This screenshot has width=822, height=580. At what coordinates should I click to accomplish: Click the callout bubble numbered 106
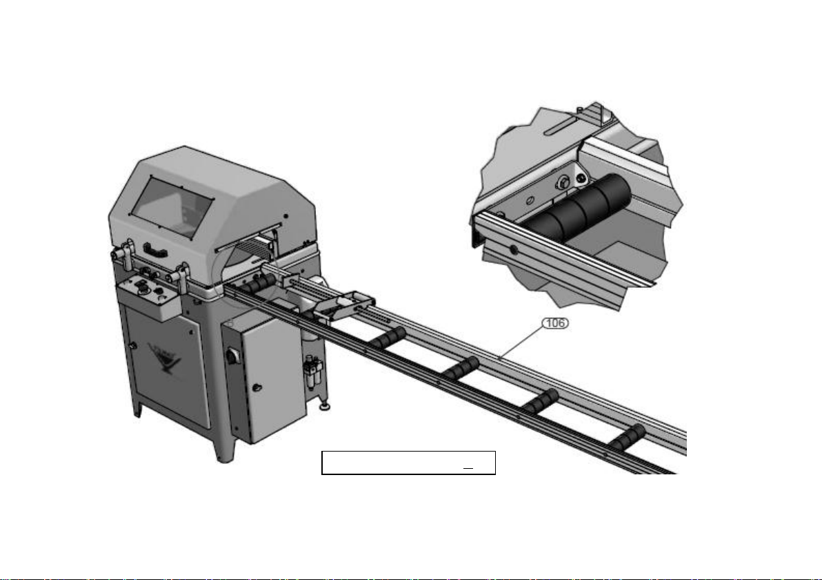[x=555, y=323]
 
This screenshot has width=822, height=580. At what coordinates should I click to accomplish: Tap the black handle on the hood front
[x=155, y=249]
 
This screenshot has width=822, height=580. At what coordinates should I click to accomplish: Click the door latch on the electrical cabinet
[x=256, y=388]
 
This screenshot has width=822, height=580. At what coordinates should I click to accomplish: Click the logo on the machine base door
[x=165, y=358]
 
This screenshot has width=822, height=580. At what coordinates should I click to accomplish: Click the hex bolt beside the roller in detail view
[x=563, y=182]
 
